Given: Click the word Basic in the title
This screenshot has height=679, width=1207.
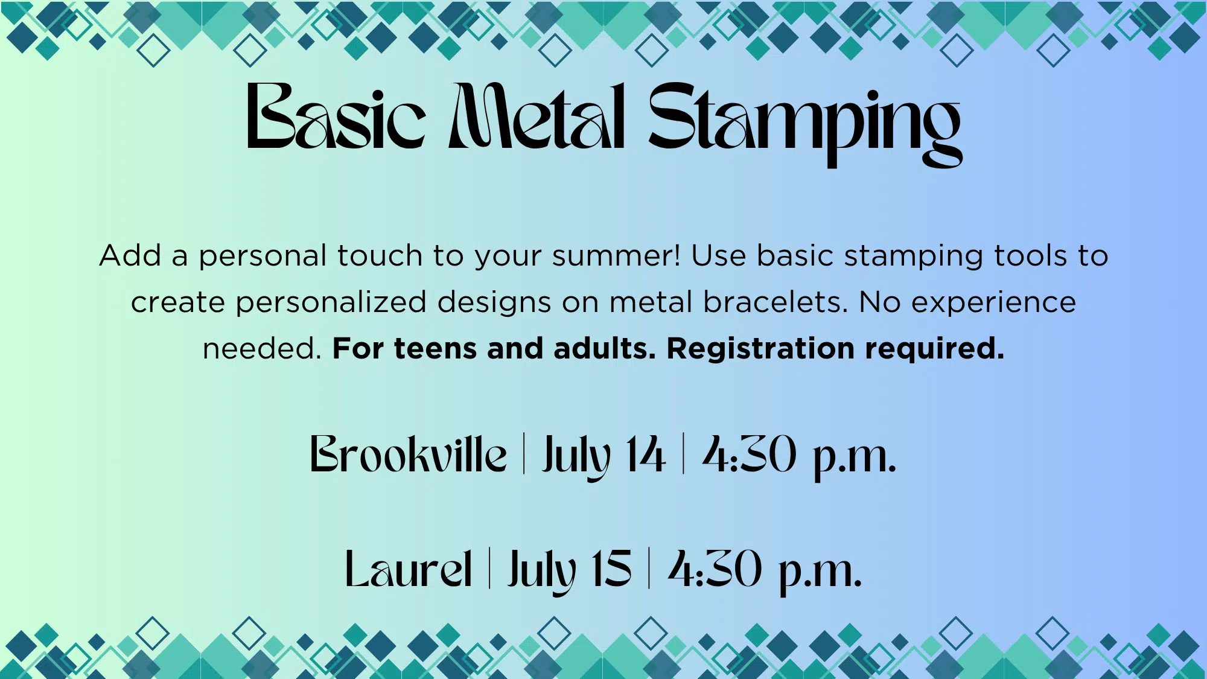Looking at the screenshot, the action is pos(336,116).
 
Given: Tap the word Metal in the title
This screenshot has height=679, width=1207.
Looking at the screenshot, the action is pos(537,116).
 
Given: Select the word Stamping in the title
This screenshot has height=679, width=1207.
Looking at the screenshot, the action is pos(805,124).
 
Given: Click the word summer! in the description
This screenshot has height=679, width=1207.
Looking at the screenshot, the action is pos(616,256).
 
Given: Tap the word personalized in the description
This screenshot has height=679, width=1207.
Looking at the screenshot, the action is pos(331,302).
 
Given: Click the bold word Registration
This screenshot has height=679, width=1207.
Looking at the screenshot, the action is pos(760,349).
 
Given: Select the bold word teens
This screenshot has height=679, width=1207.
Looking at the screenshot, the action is pos(435,349).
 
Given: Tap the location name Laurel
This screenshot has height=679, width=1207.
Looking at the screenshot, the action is pos(408,569).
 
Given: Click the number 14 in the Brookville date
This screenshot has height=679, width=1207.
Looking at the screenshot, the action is pos(645,453).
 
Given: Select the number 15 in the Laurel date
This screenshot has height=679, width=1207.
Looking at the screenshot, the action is pos(611,569).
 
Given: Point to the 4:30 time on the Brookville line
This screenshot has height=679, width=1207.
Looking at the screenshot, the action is pos(750,453).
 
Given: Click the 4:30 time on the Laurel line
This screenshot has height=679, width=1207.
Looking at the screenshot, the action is pos(715,569).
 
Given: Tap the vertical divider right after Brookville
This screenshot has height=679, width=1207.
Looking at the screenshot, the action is pos(524,453).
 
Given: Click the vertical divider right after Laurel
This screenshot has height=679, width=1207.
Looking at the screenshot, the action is pos(489,569).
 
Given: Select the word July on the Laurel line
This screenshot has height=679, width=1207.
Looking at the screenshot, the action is pos(542,572).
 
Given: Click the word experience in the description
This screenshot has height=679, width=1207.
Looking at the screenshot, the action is pos(994,302).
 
